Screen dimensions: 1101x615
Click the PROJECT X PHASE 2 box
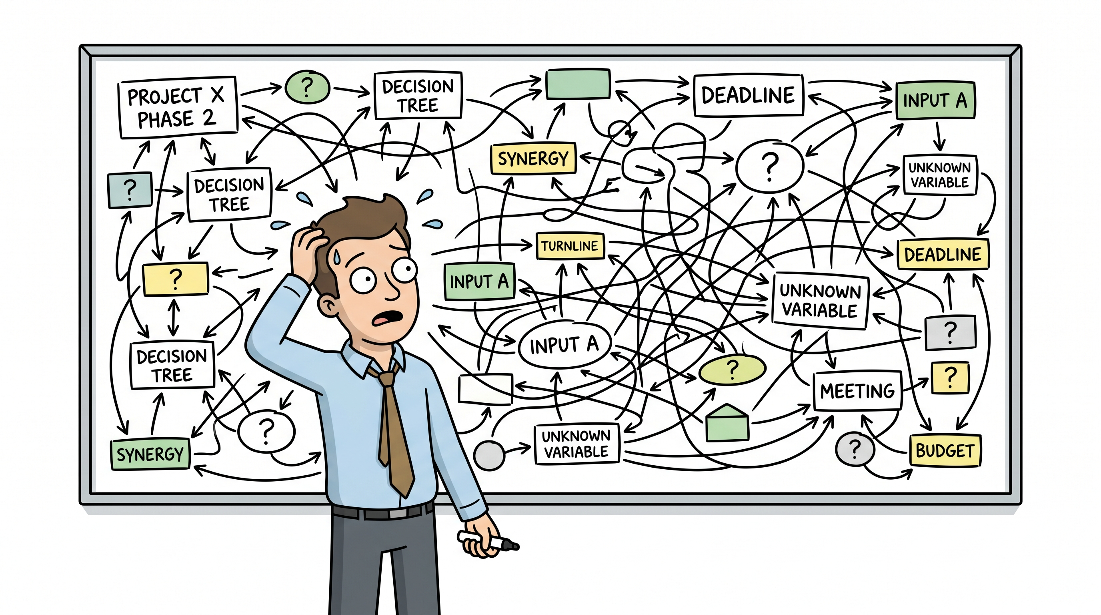pyautogui.click(x=177, y=107)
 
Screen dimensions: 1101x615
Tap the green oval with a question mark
pyautogui.click(x=307, y=87)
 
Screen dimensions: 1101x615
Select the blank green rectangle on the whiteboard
pyautogui.click(x=578, y=84)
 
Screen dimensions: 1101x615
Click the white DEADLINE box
pyautogui.click(x=749, y=95)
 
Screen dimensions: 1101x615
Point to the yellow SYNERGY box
pyautogui.click(x=533, y=158)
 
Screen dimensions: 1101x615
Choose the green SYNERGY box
pyautogui.click(x=150, y=454)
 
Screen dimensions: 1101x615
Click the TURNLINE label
pyautogui.click(x=570, y=246)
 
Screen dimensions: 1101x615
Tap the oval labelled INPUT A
pyautogui.click(x=565, y=344)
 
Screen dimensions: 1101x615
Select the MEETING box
pyautogui.click(x=857, y=391)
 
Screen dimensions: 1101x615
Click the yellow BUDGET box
pyautogui.click(x=945, y=451)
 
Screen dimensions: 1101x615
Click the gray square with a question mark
pyautogui.click(x=951, y=332)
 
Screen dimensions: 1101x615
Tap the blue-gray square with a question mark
pyautogui.click(x=130, y=190)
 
